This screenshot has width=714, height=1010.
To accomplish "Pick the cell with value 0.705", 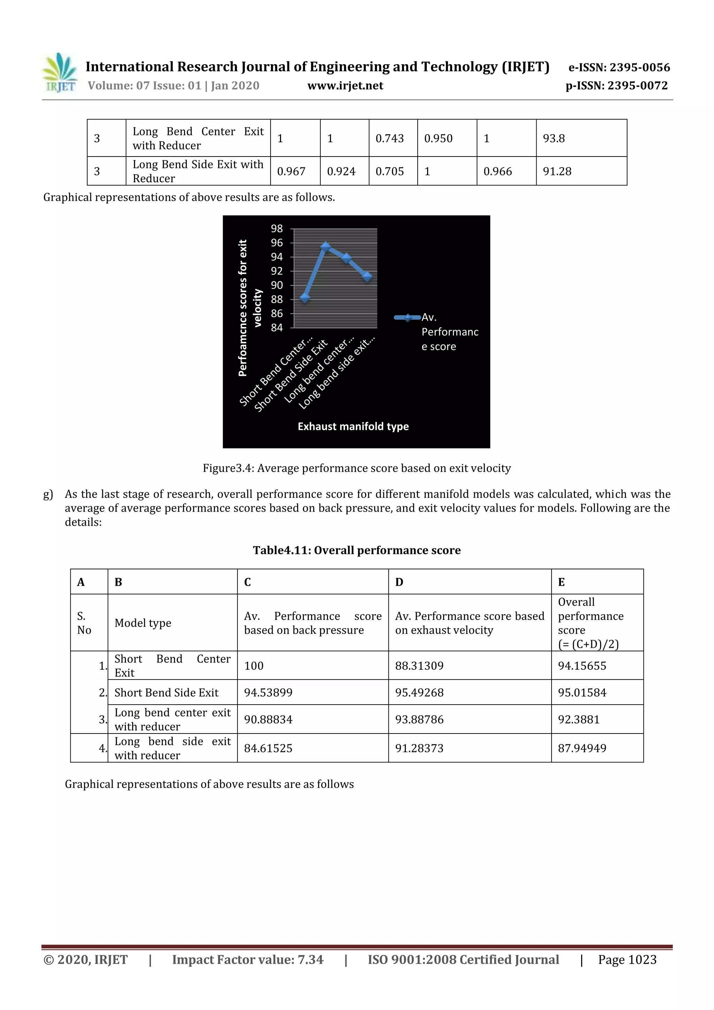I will pos(389,172).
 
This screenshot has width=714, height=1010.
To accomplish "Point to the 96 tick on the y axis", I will pos(277,243).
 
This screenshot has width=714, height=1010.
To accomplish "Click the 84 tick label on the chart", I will pos(277,328).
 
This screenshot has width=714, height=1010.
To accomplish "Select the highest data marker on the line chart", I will pos(326,246).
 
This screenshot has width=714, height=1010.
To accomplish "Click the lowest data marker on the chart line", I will pos(305,298).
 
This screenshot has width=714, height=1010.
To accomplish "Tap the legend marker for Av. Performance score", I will pos(407,318).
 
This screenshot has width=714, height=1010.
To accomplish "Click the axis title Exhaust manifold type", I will pos(353,426).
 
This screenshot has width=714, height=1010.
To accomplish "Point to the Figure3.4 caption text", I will pos(356,468).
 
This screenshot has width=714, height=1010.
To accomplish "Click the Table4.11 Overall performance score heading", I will pos(356,550).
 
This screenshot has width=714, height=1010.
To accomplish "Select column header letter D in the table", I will pos(399,582).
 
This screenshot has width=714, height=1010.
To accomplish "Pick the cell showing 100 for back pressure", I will pos(254,666).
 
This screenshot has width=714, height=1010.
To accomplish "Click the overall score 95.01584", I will pos(582,692).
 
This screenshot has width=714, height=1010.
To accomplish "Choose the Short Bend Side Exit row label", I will pos(166,692).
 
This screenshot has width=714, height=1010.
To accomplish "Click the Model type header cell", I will pos(143,623).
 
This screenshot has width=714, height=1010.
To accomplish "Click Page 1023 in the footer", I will pos(627,959).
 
